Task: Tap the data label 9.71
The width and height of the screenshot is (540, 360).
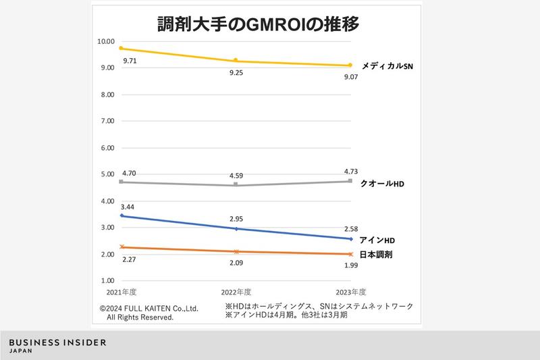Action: point(130,61)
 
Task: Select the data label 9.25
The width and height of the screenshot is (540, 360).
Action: point(236,72)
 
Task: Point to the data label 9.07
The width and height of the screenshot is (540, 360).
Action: point(350,77)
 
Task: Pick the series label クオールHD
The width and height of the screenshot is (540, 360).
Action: point(382,184)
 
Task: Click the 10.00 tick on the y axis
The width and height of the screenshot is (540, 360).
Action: point(106,41)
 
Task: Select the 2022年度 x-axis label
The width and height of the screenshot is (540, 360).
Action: point(236,292)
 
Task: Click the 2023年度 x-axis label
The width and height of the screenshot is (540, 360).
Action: point(350,292)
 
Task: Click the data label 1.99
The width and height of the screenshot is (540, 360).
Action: point(350,265)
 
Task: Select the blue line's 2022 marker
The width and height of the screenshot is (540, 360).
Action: point(236,229)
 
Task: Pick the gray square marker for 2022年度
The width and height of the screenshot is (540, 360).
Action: point(236,184)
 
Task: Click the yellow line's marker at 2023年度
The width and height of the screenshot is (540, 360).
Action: point(350,66)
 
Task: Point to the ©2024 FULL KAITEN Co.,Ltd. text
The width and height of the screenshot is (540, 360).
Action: point(148,307)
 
